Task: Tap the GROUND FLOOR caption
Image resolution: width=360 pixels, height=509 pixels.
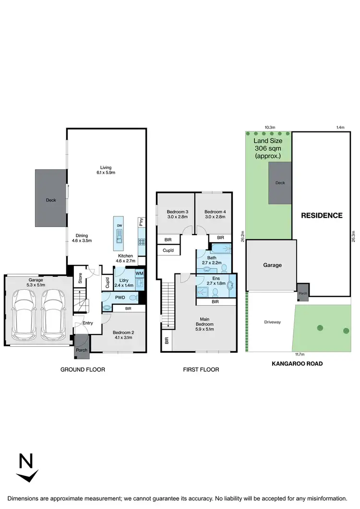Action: point(83,369)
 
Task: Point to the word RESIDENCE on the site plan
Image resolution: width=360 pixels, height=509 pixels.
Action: point(322,215)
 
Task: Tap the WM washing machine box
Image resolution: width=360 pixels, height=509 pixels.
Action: point(139,273)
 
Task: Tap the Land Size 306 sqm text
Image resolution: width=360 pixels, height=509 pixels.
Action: point(268,149)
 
